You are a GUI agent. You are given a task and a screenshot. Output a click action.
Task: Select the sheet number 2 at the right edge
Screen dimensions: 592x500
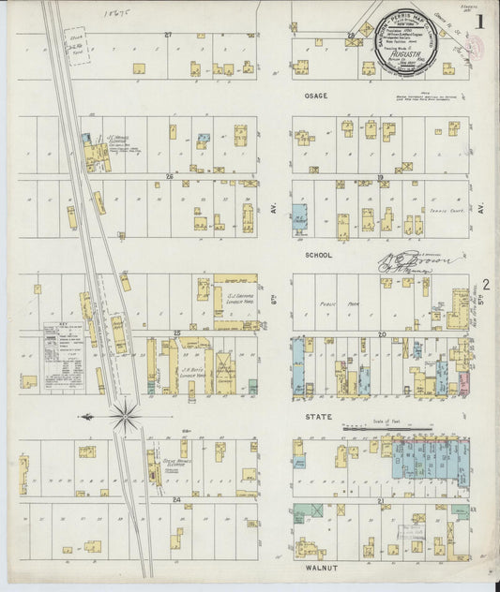click(x=486, y=285)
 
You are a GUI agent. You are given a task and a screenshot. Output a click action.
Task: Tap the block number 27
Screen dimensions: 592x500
click(x=169, y=35)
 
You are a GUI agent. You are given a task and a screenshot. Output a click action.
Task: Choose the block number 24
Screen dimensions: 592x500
click(x=175, y=499)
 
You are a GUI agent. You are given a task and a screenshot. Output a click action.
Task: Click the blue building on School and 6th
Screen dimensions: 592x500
click(x=300, y=219)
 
